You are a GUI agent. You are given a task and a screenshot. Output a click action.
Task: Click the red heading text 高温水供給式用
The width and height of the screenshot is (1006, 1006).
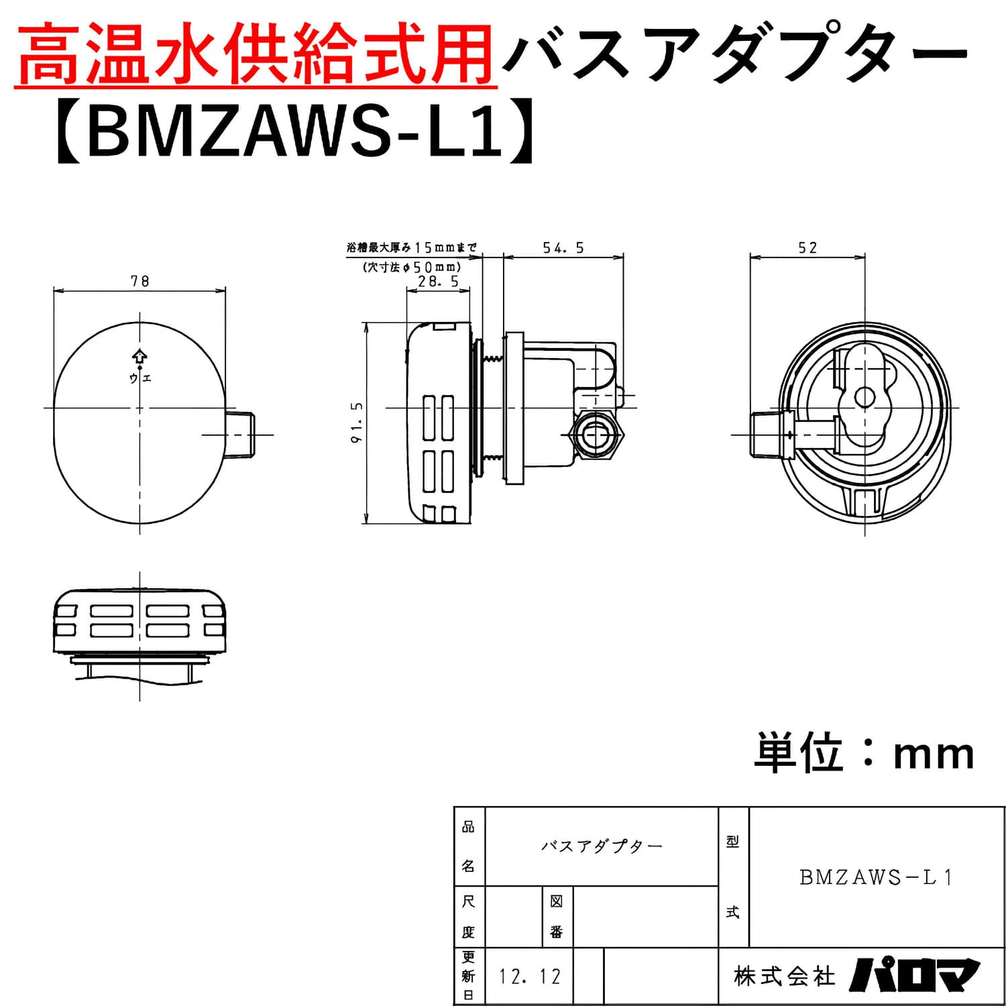click(x=255, y=54)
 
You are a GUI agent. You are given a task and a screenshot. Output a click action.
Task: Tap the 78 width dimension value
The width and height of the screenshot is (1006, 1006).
click(x=139, y=281)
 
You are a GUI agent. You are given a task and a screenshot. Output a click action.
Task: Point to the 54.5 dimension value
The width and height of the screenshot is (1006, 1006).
click(x=563, y=248)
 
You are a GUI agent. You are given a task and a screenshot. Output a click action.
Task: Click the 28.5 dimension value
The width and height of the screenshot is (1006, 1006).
click(x=438, y=282)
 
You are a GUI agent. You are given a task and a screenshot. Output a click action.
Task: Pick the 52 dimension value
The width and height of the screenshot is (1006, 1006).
click(x=807, y=248)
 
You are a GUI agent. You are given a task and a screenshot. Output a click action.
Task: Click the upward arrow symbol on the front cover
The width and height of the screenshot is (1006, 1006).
click(x=139, y=356)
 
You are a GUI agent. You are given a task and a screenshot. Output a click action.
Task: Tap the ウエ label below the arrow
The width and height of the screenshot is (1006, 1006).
click(x=140, y=378)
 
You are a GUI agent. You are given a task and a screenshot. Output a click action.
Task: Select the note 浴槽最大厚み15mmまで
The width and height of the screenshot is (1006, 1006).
click(x=411, y=248)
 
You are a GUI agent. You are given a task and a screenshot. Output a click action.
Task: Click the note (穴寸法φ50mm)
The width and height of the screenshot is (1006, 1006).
click(x=411, y=267)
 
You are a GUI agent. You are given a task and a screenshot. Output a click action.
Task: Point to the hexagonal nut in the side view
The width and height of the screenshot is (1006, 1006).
click(x=596, y=437)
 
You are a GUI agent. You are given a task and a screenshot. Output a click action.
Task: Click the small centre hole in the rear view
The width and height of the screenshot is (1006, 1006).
click(x=864, y=398)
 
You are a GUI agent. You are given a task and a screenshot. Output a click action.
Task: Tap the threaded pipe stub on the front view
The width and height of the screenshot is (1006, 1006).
click(x=240, y=435)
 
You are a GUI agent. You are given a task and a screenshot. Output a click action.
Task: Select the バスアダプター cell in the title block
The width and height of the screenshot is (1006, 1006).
click(x=602, y=846)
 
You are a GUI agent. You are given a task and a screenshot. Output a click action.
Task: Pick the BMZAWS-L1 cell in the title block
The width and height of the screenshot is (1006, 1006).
click(x=876, y=877)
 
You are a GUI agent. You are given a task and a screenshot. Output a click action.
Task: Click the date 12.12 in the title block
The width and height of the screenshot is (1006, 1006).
click(x=529, y=976)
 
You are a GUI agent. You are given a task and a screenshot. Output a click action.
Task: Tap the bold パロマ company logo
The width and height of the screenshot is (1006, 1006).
click(x=915, y=976)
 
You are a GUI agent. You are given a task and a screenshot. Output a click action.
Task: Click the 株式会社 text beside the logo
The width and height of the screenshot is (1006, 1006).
click(x=784, y=976)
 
